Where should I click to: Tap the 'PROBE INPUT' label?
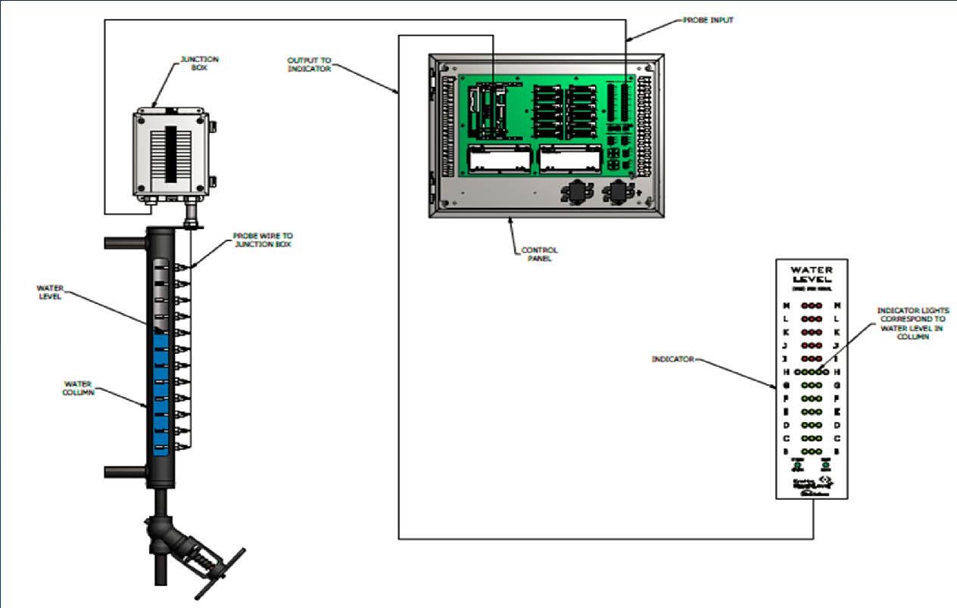[709, 20]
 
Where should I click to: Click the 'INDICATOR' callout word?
[673, 358]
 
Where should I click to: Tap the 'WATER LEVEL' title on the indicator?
[812, 274]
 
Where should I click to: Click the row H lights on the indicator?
[812, 372]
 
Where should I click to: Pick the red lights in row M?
[812, 306]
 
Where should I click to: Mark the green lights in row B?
[812, 451]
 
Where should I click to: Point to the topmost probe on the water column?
[180, 267]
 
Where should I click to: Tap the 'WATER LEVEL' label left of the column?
[50, 291]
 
